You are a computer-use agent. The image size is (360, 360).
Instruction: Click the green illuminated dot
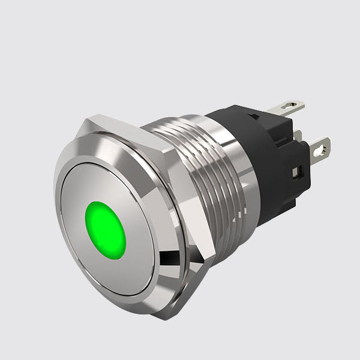tap(106, 230)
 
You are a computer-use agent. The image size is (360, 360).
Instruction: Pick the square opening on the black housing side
tap(295, 173)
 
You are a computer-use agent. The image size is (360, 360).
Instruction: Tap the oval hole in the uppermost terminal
tap(292, 108)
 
